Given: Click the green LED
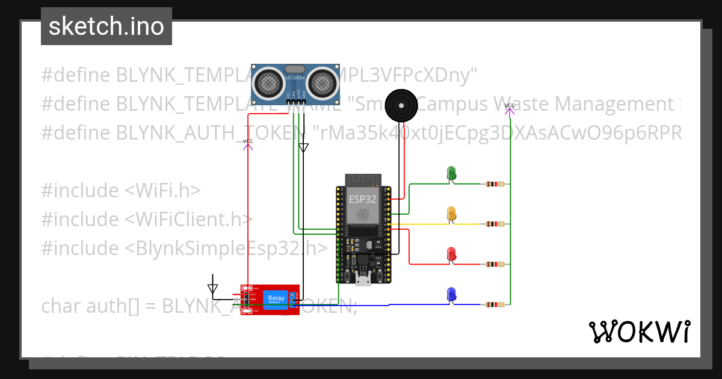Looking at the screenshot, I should point(451,173).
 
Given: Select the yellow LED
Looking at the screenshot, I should point(451,214).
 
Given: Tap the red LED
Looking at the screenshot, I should point(451,254).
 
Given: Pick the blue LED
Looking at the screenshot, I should point(451,294).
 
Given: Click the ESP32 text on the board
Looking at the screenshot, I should point(362,199).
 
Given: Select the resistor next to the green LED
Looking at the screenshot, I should point(495,184).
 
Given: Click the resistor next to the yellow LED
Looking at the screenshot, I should point(495,224).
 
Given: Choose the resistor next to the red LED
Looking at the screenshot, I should point(495,265).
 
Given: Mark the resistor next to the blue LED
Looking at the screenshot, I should point(495,305).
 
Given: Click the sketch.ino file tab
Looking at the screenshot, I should point(106,26).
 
